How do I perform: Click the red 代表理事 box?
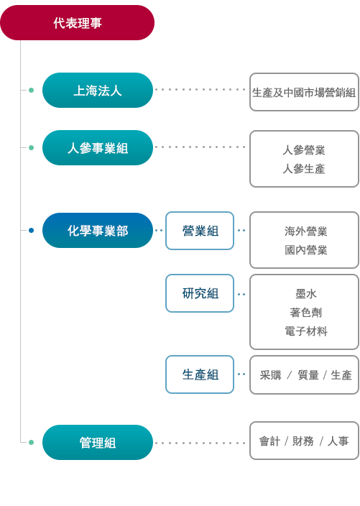[x=77, y=22]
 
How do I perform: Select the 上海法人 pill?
[x=98, y=90]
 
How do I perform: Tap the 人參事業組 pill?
[x=98, y=148]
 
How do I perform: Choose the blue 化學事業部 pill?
[x=98, y=231]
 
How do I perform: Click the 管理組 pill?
[x=98, y=443]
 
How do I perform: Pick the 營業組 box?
[x=200, y=231]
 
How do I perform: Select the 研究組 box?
[x=200, y=293]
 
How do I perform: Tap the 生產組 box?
[x=200, y=374]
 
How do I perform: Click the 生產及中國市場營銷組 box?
[x=304, y=92]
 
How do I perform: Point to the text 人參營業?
[x=304, y=150]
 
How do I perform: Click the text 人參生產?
[x=304, y=169]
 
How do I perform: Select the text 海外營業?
[x=306, y=231]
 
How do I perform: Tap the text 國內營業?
[x=306, y=250]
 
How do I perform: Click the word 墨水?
[x=306, y=294]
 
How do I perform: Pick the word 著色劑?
[x=306, y=313]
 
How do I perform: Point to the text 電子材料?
[x=306, y=331]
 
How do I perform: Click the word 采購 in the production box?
[x=270, y=375]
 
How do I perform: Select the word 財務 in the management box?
[x=303, y=441]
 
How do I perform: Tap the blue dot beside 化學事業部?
[x=32, y=231]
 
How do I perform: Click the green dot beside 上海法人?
[x=32, y=90]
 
